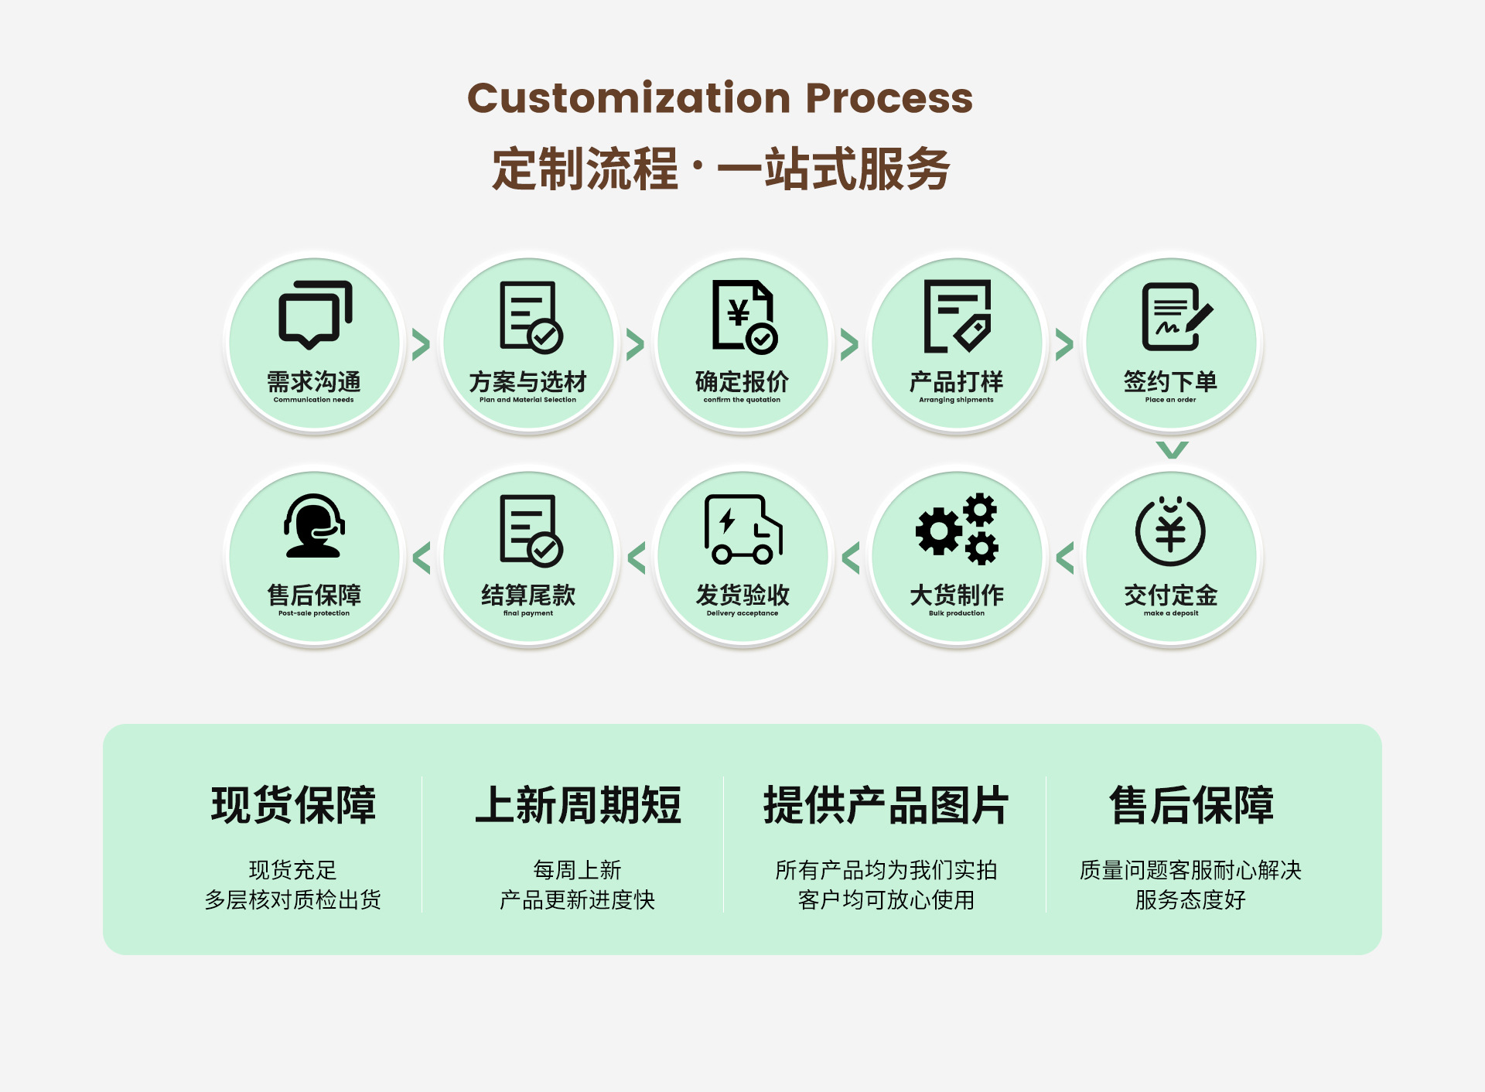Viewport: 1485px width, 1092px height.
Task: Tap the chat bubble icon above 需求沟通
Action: click(314, 315)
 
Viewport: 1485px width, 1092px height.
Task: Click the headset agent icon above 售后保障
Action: click(314, 527)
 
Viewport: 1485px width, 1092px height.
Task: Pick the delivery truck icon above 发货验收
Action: click(742, 529)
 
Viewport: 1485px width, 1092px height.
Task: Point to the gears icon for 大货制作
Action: click(957, 529)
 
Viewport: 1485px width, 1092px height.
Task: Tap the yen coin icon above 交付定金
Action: click(1170, 531)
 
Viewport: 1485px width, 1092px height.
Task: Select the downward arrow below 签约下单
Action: click(1172, 449)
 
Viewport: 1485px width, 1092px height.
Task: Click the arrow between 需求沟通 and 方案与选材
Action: click(421, 345)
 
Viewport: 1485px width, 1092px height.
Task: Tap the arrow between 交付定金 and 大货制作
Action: click(1065, 558)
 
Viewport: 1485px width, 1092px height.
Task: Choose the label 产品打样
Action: click(956, 381)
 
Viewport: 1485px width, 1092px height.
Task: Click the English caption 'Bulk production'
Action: click(956, 613)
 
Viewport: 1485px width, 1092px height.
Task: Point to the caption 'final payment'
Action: click(528, 613)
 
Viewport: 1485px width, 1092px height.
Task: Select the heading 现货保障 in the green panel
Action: click(293, 804)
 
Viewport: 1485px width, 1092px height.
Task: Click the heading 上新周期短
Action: click(578, 804)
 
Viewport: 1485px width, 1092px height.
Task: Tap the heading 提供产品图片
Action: click(886, 804)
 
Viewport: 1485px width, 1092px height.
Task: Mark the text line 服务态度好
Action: click(1190, 899)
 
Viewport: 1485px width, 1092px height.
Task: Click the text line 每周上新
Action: click(577, 870)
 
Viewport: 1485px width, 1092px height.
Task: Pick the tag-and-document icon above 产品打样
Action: click(958, 316)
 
